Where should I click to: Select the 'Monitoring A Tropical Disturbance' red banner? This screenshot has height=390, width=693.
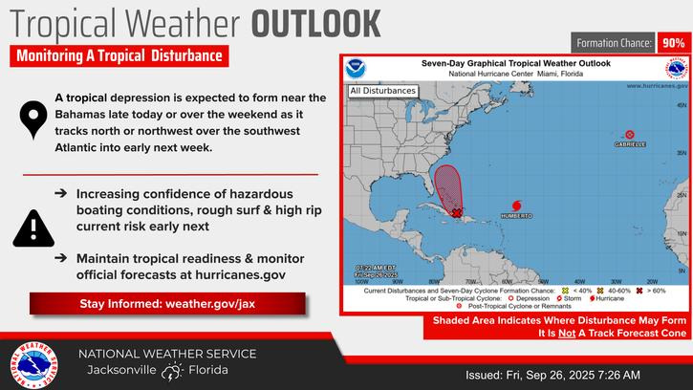point(119,56)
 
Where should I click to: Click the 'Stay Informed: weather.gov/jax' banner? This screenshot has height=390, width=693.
point(164,305)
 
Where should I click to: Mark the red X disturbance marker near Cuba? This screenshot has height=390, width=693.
point(457,214)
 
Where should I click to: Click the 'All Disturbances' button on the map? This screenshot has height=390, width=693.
point(382,91)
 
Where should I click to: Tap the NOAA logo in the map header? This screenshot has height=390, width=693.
point(357,69)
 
